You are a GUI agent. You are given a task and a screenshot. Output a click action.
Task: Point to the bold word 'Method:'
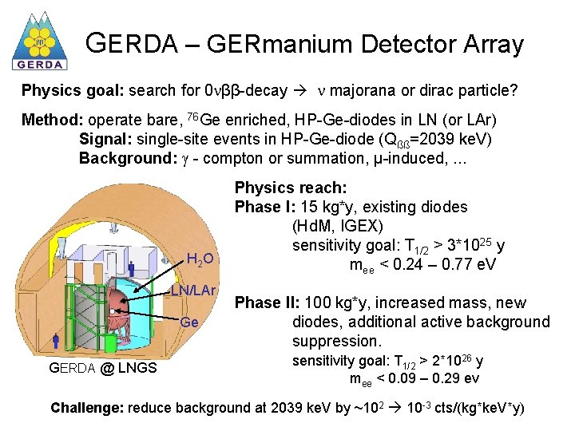[53, 121]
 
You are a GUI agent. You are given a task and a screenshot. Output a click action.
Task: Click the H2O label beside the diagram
[200, 258]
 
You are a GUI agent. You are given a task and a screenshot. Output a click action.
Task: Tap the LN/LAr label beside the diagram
[193, 289]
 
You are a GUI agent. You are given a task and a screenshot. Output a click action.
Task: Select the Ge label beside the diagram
[189, 322]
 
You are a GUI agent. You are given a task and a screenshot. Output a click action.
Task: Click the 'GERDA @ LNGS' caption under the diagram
[103, 367]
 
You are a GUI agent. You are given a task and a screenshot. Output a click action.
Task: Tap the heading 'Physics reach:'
[290, 188]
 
